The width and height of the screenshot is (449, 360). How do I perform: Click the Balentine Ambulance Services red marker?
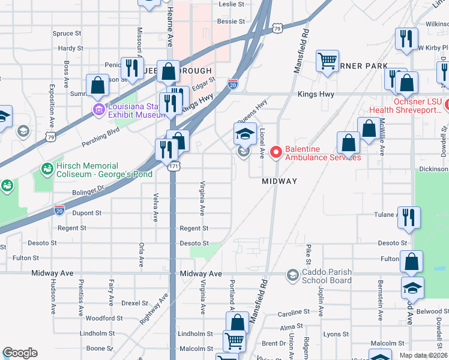[276, 153]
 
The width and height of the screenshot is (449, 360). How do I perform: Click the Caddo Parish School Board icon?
[292, 275]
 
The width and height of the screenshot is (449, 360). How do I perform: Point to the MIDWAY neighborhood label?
[280, 181]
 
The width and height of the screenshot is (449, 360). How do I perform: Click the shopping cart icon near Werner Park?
[327, 61]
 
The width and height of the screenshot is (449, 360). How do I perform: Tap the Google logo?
[20, 353]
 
